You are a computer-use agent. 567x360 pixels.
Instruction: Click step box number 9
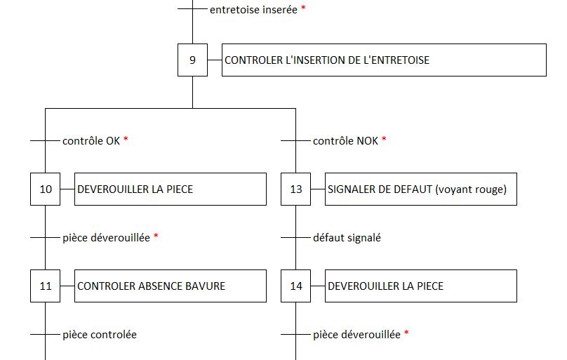192,60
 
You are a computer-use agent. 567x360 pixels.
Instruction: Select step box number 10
45,189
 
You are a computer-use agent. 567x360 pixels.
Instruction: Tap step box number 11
45,286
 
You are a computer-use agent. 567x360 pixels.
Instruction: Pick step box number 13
296,189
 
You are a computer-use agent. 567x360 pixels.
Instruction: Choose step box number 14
296,286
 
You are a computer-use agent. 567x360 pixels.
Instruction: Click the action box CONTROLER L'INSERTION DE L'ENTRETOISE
384,60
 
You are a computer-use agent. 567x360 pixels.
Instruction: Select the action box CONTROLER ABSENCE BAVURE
171,286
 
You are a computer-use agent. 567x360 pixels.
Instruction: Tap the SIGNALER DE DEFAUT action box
421,189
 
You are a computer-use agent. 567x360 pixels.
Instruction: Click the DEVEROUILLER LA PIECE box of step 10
171,189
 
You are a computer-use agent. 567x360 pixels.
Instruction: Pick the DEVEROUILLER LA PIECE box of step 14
421,286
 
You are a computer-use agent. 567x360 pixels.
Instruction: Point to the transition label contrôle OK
91,140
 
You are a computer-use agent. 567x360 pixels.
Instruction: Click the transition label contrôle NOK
345,140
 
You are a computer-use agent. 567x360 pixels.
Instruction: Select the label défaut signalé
347,237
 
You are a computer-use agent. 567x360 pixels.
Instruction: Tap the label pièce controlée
100,335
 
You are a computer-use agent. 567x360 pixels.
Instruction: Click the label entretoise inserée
253,10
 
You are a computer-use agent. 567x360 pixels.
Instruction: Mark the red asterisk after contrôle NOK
384,139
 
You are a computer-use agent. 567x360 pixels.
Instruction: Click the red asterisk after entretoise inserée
303,8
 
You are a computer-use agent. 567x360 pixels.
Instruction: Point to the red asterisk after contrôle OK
126,139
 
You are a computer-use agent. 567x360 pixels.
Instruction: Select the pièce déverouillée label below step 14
356,335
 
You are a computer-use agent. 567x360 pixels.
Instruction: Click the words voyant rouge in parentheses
471,189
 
